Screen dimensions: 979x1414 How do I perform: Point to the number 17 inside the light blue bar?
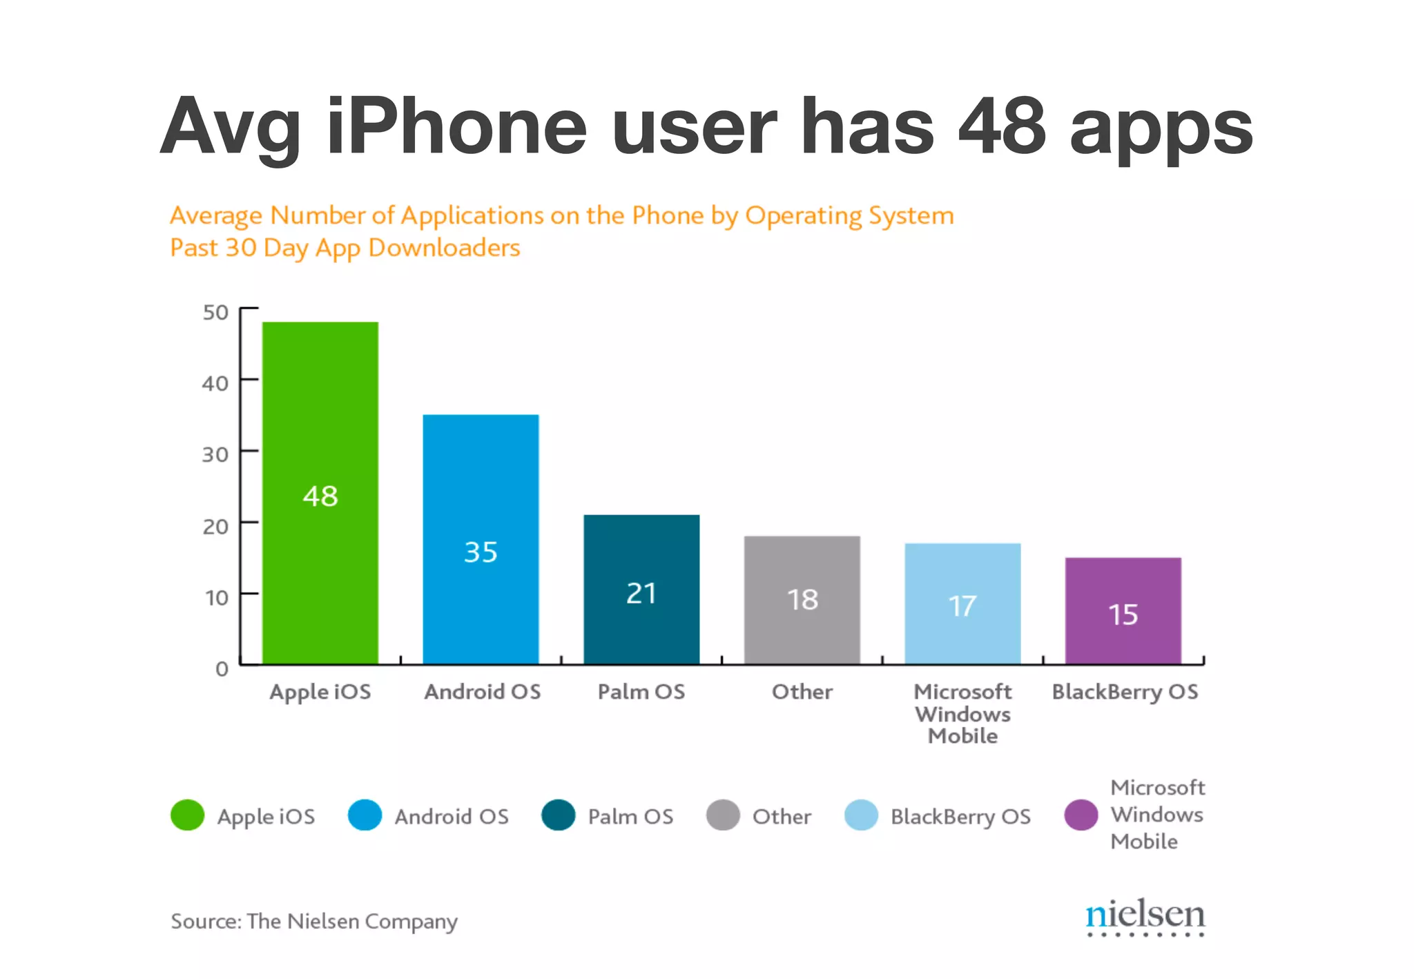962,606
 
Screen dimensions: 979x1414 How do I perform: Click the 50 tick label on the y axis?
215,313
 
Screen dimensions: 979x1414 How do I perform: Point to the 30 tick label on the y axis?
215,455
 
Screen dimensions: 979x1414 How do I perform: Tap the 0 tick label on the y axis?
222,668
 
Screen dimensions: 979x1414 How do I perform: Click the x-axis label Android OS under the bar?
483,692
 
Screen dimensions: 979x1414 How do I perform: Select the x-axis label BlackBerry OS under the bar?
1125,692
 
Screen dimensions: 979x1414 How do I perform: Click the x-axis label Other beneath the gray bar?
802,692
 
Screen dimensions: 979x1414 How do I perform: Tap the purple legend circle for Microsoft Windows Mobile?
1081,815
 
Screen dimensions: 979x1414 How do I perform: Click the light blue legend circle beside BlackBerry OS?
861,815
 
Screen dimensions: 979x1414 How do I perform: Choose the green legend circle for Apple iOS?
188,815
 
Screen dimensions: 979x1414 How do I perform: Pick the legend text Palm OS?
630,817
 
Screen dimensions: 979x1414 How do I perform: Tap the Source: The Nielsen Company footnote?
314,922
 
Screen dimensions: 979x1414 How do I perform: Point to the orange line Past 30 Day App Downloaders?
345,248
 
